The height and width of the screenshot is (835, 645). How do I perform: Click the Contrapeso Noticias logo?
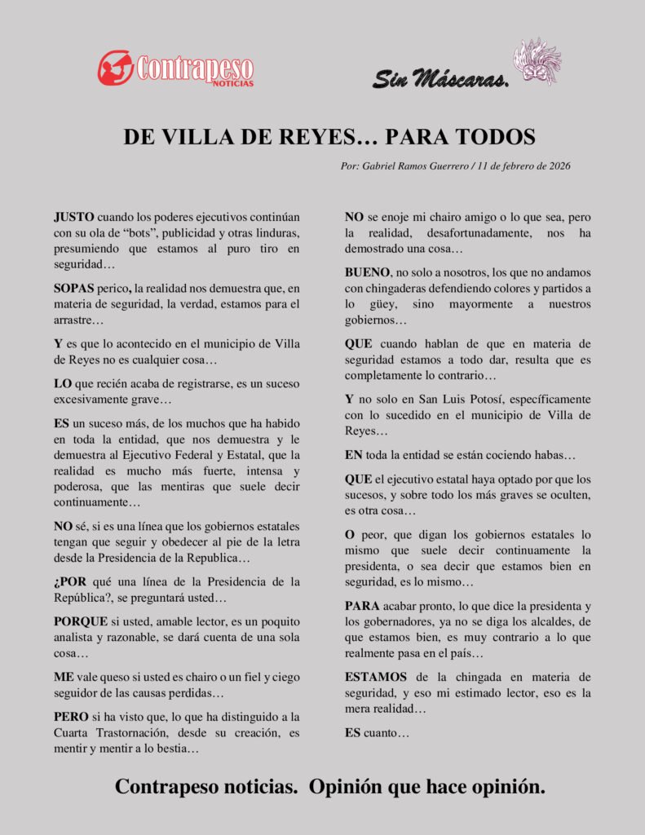click(x=175, y=68)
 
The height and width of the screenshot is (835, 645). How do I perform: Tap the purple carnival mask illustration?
click(x=537, y=61)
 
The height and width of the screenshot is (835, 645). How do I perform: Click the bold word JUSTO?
click(x=73, y=218)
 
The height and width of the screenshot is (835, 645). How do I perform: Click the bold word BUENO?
click(x=367, y=272)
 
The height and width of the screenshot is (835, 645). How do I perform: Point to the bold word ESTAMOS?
click(x=377, y=677)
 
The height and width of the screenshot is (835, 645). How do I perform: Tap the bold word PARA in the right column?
click(x=362, y=607)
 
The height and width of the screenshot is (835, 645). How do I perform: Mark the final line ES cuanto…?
click(x=377, y=732)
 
